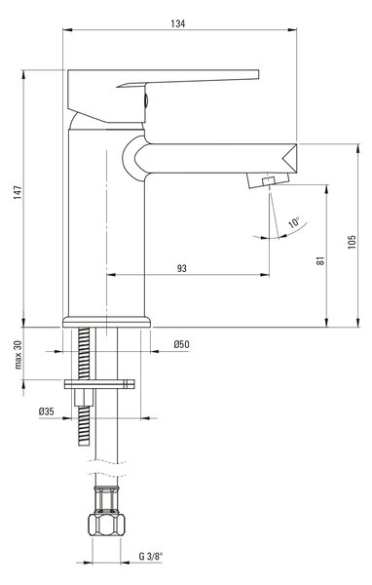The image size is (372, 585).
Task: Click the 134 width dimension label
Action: point(178,23)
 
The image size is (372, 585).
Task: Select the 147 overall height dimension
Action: point(18,192)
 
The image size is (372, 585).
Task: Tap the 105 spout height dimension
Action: point(352,242)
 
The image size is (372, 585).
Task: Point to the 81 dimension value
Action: point(320,260)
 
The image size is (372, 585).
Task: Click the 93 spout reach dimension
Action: point(181,268)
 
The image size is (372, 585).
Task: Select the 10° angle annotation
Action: point(294,222)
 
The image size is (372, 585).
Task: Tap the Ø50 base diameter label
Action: point(181,344)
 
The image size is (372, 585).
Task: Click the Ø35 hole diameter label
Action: point(46,411)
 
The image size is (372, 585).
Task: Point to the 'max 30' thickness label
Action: point(19,355)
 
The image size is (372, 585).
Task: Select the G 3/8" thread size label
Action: point(151,557)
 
